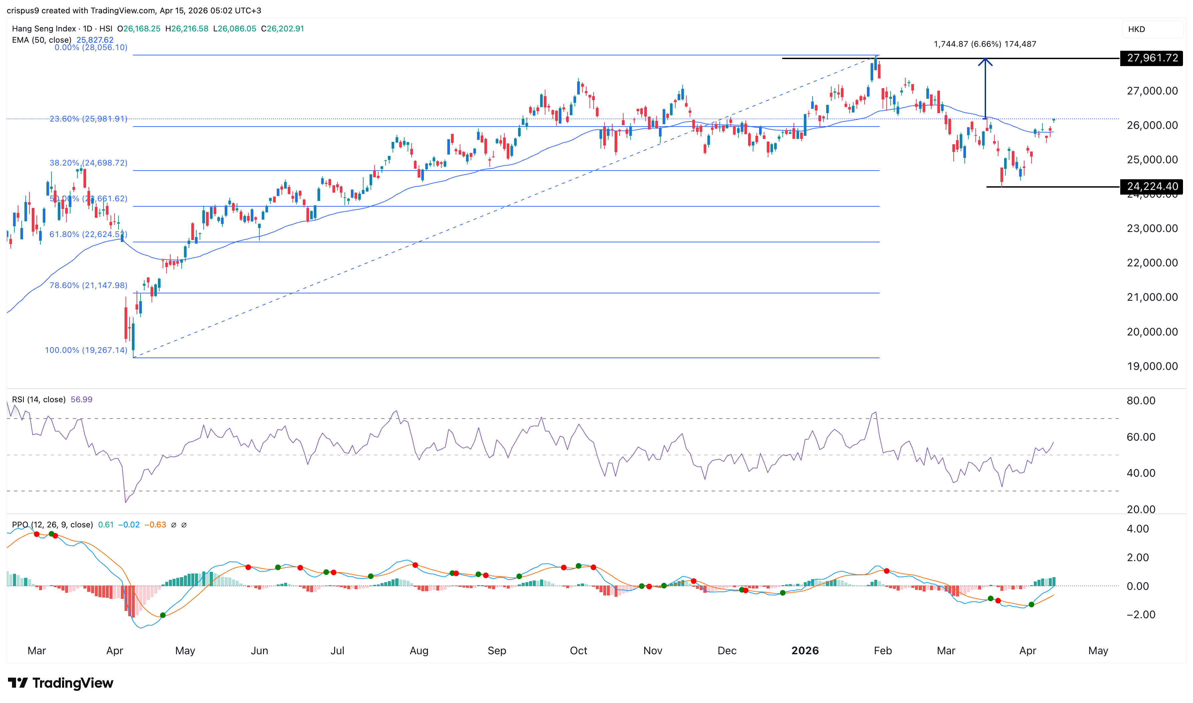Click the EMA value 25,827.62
(x=95, y=40)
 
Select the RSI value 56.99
(x=81, y=399)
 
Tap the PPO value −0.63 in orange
(x=155, y=525)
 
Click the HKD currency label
(x=1136, y=29)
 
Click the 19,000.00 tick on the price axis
(x=1152, y=366)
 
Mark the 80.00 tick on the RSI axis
(x=1141, y=401)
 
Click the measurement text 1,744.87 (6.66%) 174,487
(x=985, y=44)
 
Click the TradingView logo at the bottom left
(x=61, y=683)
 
